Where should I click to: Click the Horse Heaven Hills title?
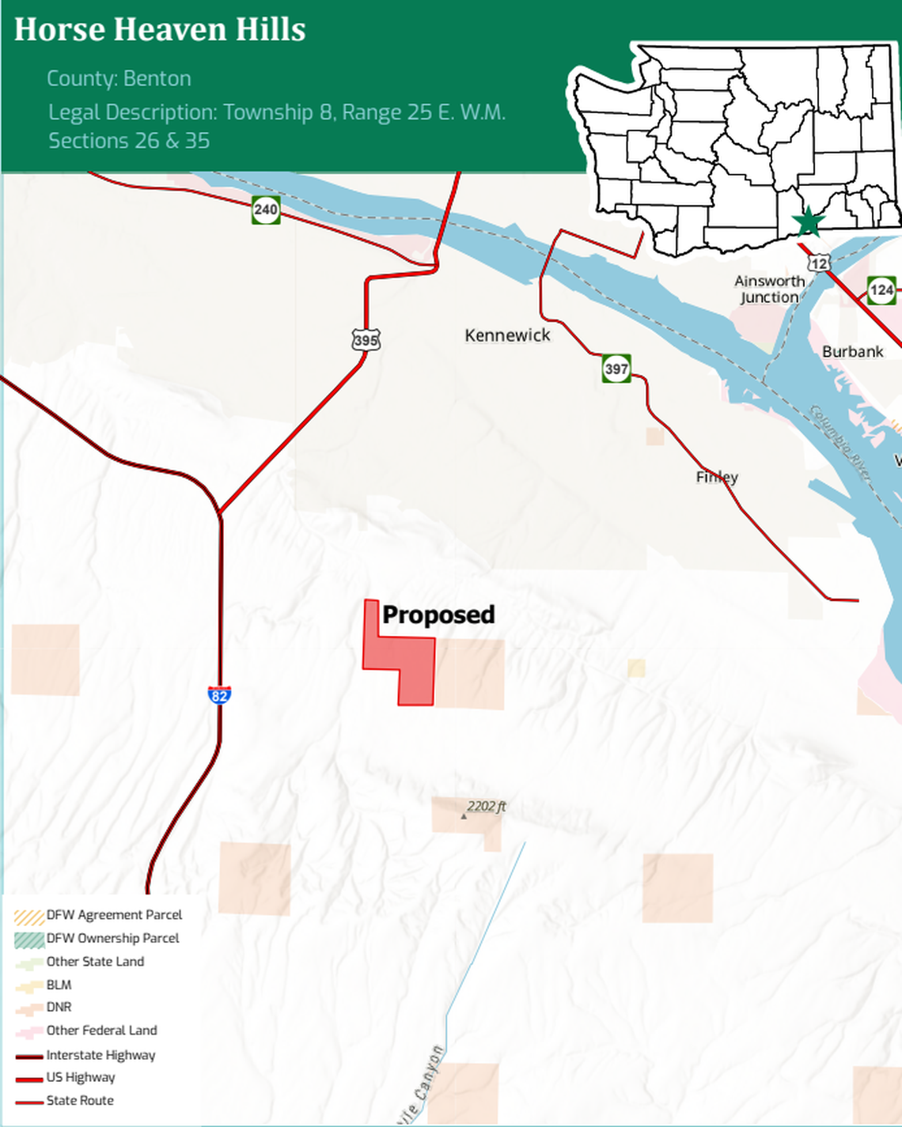pyautogui.click(x=160, y=30)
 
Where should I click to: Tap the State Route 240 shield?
pyautogui.click(x=266, y=210)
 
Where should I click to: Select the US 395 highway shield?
pyautogui.click(x=366, y=340)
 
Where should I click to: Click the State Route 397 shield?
pyautogui.click(x=616, y=368)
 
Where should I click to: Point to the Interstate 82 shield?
pyautogui.click(x=219, y=694)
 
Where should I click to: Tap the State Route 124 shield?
pyautogui.click(x=881, y=289)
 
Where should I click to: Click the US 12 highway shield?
pyautogui.click(x=820, y=263)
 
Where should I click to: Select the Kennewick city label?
pyautogui.click(x=507, y=335)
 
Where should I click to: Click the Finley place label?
pyautogui.click(x=717, y=477)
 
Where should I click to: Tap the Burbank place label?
pyautogui.click(x=852, y=352)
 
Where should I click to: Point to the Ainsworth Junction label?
pyautogui.click(x=769, y=289)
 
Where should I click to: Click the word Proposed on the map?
pyautogui.click(x=438, y=615)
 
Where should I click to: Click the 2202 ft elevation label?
pyautogui.click(x=486, y=807)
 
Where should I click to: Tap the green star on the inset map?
pyautogui.click(x=808, y=222)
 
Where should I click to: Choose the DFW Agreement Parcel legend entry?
pyautogui.click(x=114, y=915)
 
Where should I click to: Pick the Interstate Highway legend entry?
pyautogui.click(x=100, y=1055)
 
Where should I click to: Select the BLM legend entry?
pyautogui.click(x=59, y=985)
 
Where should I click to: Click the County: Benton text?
pyautogui.click(x=119, y=79)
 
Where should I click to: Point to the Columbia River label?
pyautogui.click(x=839, y=443)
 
